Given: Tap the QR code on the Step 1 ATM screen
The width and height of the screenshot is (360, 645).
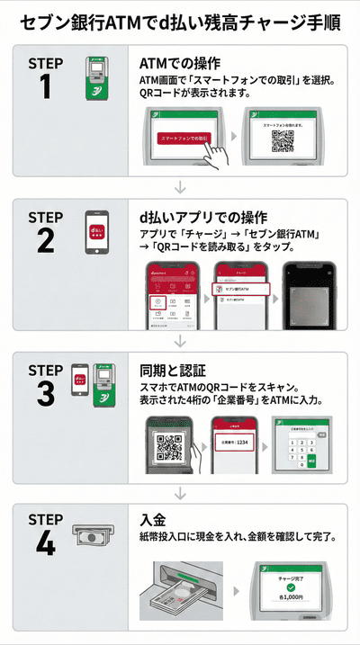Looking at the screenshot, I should click(283, 142).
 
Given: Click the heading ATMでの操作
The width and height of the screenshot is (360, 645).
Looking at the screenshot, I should click(180, 64).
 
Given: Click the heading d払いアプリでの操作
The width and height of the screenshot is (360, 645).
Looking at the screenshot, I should click(202, 218).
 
